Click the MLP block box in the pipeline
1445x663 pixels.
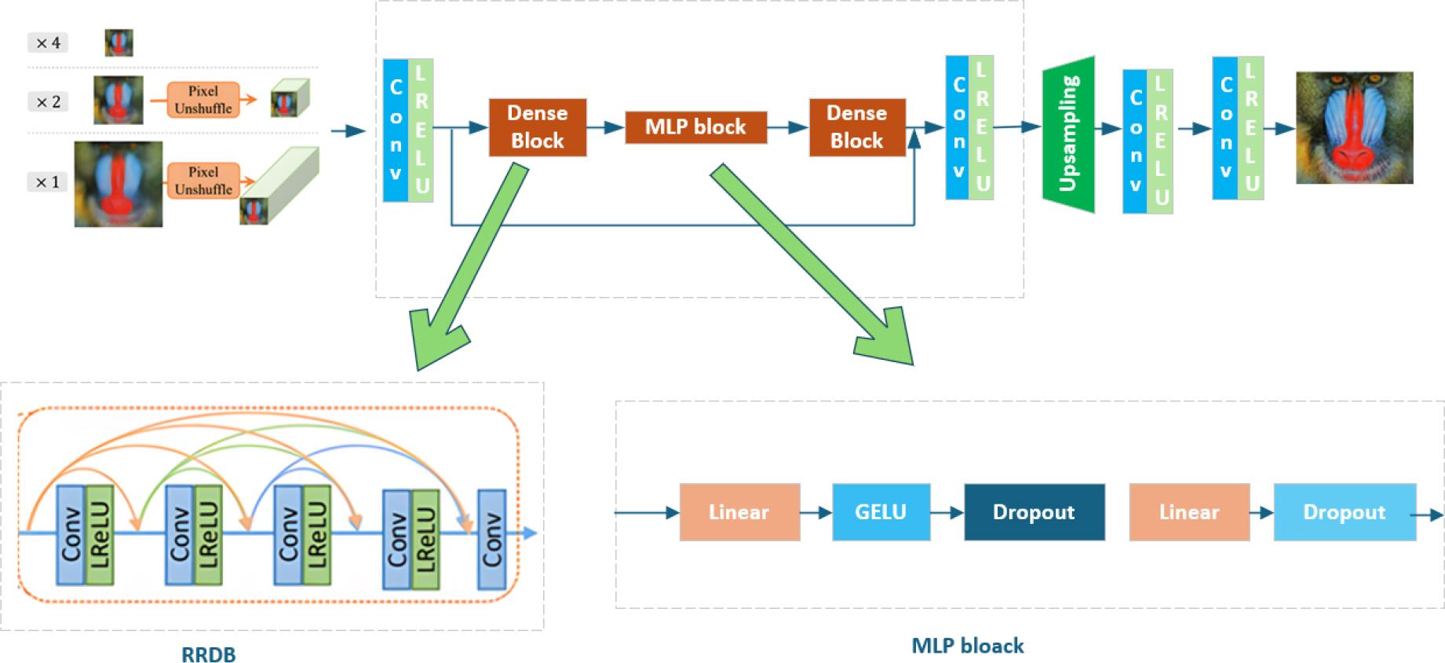click(695, 127)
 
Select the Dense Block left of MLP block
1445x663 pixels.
click(537, 127)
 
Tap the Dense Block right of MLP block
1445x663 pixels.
click(856, 127)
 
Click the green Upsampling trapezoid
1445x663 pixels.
click(1068, 134)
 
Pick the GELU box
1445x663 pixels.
click(881, 512)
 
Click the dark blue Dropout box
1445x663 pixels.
click(1034, 512)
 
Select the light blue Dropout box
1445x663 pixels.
click(1344, 512)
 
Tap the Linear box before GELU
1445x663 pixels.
click(739, 512)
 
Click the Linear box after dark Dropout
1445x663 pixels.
click(1188, 512)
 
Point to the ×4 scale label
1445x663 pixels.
click(48, 42)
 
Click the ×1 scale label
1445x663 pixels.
click(47, 182)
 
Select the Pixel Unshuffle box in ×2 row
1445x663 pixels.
click(203, 100)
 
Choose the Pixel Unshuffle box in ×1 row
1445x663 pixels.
click(203, 181)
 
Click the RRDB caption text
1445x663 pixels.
click(208, 654)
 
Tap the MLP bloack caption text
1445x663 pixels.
click(967, 646)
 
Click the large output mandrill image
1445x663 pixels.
click(1354, 127)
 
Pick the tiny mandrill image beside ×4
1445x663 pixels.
click(119, 42)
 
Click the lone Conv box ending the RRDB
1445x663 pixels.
click(491, 539)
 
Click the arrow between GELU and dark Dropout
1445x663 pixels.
click(947, 513)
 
